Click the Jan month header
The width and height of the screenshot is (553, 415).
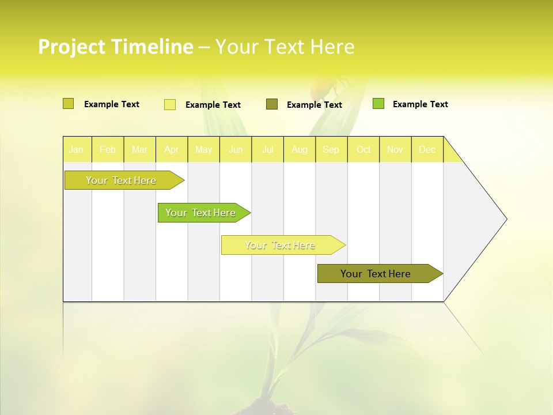click(x=77, y=149)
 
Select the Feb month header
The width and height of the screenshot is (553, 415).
click(x=108, y=149)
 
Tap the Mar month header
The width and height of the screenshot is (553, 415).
click(x=139, y=149)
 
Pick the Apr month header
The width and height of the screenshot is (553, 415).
click(x=172, y=149)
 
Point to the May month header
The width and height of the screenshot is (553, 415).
click(x=203, y=149)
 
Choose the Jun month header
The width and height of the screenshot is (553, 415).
click(x=236, y=149)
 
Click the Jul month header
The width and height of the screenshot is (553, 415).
click(x=267, y=149)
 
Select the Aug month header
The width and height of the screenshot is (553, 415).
click(x=300, y=149)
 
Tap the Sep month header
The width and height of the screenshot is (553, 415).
click(x=331, y=149)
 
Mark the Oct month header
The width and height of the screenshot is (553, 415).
click(x=363, y=149)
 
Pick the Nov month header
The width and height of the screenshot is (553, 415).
click(x=395, y=149)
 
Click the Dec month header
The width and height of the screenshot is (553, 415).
click(x=427, y=149)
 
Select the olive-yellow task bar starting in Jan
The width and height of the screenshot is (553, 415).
click(x=122, y=180)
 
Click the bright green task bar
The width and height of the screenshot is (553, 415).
click(x=201, y=213)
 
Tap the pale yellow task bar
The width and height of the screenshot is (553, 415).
click(x=281, y=245)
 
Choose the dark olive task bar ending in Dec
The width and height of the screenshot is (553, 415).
click(x=376, y=274)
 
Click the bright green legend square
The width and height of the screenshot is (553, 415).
click(x=378, y=104)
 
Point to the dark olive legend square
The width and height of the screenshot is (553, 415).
click(x=272, y=104)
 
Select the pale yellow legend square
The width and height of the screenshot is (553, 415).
click(x=170, y=104)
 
